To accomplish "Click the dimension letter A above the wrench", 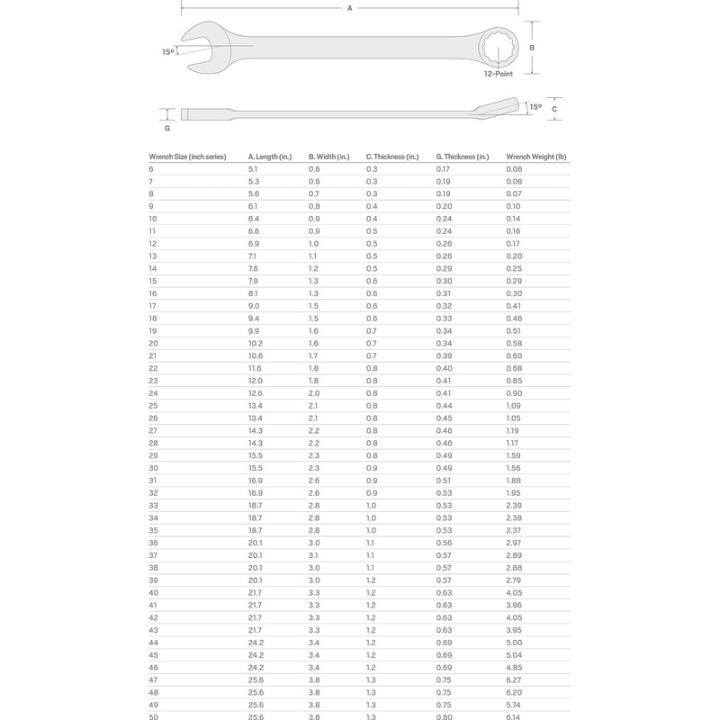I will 349,7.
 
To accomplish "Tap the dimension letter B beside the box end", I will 533,48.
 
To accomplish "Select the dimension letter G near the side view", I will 167,129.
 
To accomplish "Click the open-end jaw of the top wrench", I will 196,48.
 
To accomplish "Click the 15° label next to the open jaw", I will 168,52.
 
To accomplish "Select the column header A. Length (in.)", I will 270,157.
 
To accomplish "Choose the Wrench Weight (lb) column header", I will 537,157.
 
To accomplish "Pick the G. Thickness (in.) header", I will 463,157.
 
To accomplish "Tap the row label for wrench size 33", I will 153,507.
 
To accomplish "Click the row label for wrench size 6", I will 151,169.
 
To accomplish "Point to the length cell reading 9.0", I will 253,306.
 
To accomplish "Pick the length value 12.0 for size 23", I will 255,382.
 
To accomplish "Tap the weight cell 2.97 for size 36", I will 515,544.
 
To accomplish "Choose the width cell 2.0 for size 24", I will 313,394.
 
